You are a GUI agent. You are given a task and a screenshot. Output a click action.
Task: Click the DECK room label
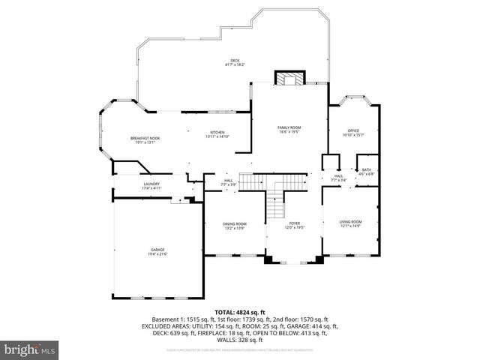pyautogui.click(x=235, y=61)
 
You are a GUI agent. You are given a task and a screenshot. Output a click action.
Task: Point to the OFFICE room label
pyautogui.click(x=352, y=130)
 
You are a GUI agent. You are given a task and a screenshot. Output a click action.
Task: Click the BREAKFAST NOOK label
pyautogui.click(x=145, y=138)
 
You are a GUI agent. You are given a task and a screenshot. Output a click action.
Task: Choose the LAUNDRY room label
pyautogui.click(x=151, y=184)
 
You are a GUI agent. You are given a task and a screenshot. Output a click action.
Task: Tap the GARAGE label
pyautogui.click(x=157, y=249)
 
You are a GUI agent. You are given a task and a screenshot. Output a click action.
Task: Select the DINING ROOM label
pyautogui.click(x=234, y=223)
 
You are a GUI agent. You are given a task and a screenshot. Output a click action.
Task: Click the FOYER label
pyautogui.click(x=295, y=223)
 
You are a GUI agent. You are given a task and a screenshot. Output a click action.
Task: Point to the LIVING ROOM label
pyautogui.click(x=351, y=221)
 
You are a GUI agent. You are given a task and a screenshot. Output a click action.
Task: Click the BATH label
pyautogui.click(x=367, y=169)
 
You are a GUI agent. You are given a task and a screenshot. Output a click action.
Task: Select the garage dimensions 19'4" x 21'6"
pyautogui.click(x=157, y=253)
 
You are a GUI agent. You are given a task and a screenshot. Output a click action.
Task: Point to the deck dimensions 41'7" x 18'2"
pyautogui.click(x=235, y=65)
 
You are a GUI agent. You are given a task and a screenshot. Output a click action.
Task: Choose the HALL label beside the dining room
pyautogui.click(x=228, y=180)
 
